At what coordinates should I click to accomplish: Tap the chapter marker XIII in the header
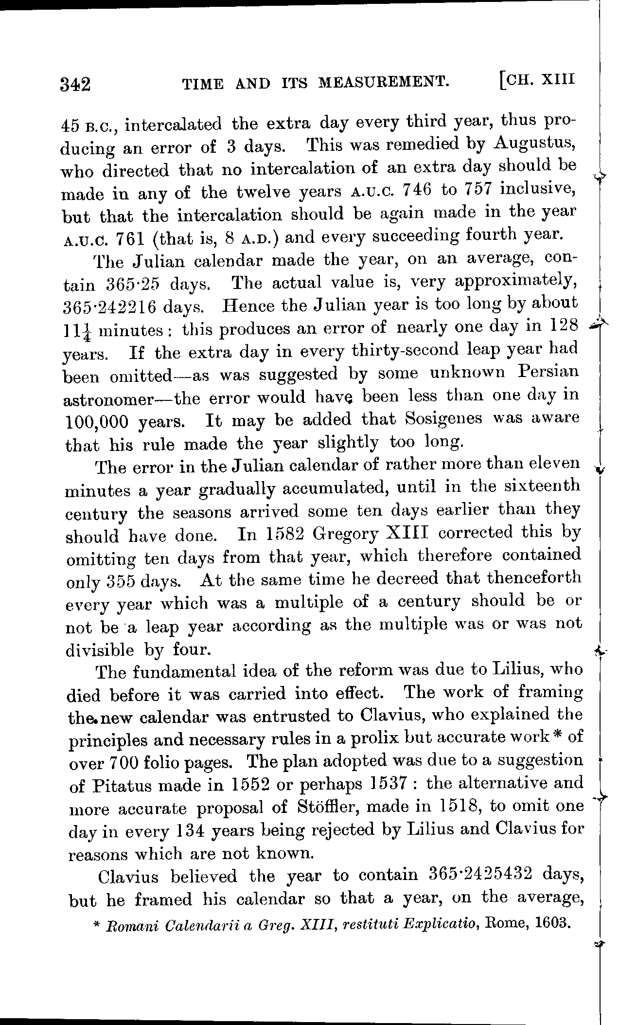pos(559,78)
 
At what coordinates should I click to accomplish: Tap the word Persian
pos(548,371)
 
